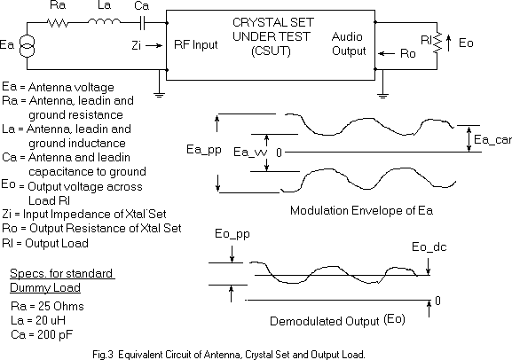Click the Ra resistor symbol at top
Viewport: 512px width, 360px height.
(58, 23)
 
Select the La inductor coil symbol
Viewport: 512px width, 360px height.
(104, 21)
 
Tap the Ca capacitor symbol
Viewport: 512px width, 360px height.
(142, 23)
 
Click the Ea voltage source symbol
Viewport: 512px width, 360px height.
(27, 46)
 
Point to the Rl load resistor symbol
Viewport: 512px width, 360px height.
(437, 42)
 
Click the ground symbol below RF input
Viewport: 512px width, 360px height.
(159, 95)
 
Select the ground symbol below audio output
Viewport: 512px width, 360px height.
(382, 95)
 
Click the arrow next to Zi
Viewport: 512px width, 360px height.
(154, 46)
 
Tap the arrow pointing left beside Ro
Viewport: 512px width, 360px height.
(386, 53)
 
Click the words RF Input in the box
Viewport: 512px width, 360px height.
(195, 44)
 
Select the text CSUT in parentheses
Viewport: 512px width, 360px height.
(271, 51)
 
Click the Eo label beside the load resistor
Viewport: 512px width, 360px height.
(466, 43)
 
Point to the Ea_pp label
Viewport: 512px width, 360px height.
(204, 150)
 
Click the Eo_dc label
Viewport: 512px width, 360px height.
(429, 247)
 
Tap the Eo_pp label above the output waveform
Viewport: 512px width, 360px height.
(232, 234)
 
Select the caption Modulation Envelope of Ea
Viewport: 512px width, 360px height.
(361, 210)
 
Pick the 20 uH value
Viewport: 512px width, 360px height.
(51, 320)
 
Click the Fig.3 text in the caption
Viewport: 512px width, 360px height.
(103, 355)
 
